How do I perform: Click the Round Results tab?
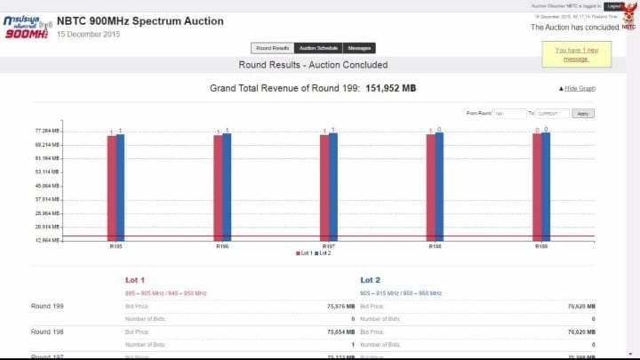[271, 48]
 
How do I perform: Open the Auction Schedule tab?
[317, 48]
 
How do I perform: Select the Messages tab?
[359, 48]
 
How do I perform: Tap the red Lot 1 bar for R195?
[111, 187]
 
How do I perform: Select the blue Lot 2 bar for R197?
[333, 186]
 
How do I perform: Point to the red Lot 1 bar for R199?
[537, 187]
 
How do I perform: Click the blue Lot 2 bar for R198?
[439, 186]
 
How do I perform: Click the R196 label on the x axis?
[222, 245]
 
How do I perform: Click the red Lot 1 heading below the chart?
[135, 279]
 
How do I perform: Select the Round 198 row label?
[47, 331]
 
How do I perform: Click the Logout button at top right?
[614, 5]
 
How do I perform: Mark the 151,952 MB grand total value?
[391, 89]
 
